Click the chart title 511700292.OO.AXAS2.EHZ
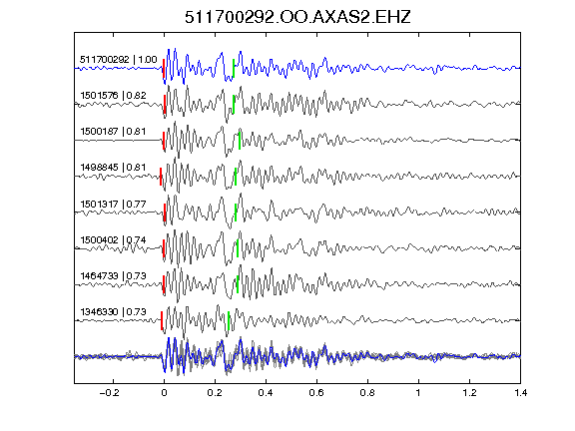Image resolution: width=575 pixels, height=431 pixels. pyautogui.click(x=297, y=17)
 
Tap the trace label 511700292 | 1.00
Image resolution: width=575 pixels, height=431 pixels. pyautogui.click(x=119, y=60)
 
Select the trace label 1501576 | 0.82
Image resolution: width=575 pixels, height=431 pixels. pyautogui.click(x=114, y=96)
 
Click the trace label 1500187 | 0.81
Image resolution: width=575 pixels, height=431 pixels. pyautogui.click(x=113, y=132)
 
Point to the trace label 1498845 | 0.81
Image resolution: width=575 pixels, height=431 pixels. pyautogui.click(x=113, y=168)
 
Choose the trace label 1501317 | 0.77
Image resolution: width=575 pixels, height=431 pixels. pyautogui.click(x=113, y=204)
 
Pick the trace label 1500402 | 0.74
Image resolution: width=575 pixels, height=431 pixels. pyautogui.click(x=113, y=240)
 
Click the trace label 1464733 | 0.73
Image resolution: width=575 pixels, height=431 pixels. pyautogui.click(x=113, y=275)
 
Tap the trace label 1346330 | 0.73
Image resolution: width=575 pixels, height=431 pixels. pyautogui.click(x=113, y=311)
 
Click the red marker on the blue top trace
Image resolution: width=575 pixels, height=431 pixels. pyautogui.click(x=164, y=68)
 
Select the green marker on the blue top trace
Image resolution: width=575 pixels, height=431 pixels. pyautogui.click(x=234, y=68)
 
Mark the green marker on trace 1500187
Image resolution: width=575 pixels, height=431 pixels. pyautogui.click(x=240, y=141)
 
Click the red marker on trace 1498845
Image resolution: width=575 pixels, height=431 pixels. pyautogui.click(x=161, y=177)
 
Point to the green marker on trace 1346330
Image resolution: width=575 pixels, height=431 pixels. pyautogui.click(x=229, y=320)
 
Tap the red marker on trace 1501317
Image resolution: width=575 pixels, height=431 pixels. pyautogui.click(x=165, y=213)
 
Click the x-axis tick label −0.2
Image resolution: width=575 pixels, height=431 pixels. pyautogui.click(x=110, y=393)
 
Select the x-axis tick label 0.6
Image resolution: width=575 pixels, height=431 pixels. pyautogui.click(x=316, y=393)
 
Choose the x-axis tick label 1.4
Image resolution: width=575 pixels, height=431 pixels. pyautogui.click(x=520, y=393)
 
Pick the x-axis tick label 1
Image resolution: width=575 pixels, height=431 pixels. pyautogui.click(x=418, y=393)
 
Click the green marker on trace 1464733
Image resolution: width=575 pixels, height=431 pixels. pyautogui.click(x=238, y=284)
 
